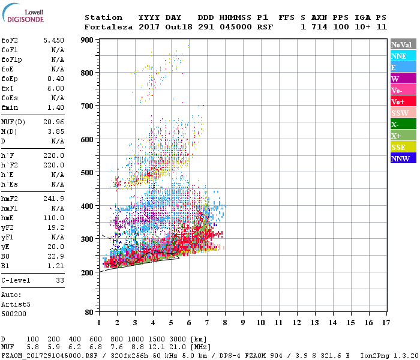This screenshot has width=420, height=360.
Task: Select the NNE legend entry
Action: click(403, 56)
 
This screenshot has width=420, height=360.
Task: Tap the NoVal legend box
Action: click(403, 44)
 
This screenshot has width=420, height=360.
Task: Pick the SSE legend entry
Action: click(403, 148)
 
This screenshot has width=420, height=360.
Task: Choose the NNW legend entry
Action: click(403, 159)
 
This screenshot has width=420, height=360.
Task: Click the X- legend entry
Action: click(403, 125)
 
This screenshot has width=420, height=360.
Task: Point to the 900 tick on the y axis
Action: click(88, 40)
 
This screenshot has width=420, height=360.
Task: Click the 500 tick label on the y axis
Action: click(88, 173)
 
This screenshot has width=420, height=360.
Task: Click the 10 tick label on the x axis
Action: click(260, 322)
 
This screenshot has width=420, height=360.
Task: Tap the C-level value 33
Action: click(59, 280)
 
